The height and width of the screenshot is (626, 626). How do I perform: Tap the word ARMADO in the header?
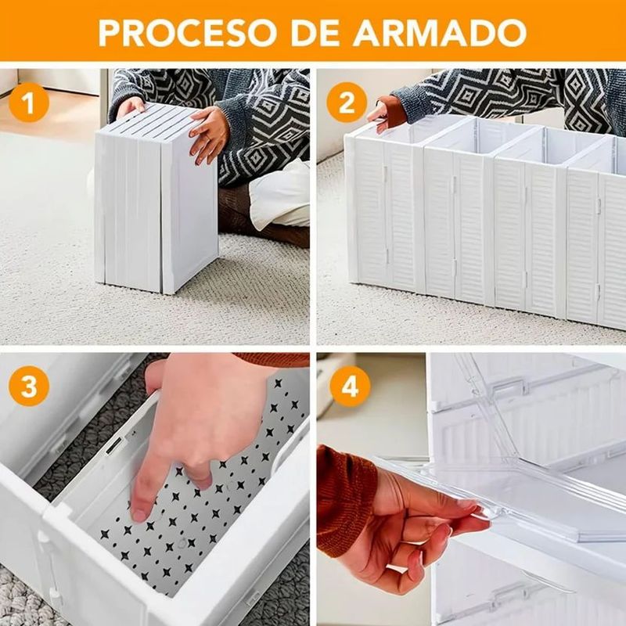coord(440,32)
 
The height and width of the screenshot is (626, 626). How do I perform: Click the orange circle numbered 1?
coord(29,103)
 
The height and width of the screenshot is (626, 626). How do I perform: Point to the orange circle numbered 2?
coord(347,103)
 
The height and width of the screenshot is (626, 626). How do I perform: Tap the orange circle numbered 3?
coord(29,386)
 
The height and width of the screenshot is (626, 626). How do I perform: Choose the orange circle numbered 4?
coord(350,386)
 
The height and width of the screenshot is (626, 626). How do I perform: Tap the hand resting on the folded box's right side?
coord(209,134)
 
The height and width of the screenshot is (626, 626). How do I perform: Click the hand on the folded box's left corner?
coord(131,107)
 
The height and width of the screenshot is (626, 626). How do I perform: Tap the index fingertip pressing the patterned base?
coord(140,515)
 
